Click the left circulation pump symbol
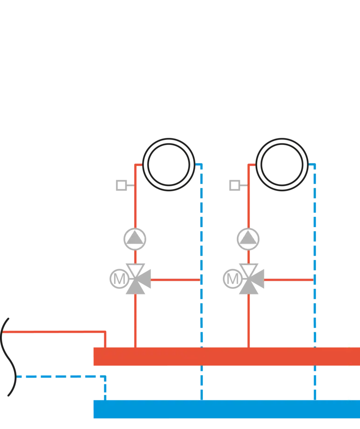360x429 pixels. [x=135, y=239]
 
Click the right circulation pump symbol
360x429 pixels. [x=248, y=239]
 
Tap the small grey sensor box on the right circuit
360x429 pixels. [x=235, y=187]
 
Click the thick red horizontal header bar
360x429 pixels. [x=224, y=357]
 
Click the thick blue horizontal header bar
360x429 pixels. [x=224, y=409]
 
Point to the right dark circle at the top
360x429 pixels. [x=281, y=164]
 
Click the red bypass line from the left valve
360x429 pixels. [x=175, y=280]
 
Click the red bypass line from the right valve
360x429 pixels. [x=288, y=280]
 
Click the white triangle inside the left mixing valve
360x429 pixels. [x=136, y=271]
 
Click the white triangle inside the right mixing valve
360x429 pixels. [x=249, y=271]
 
